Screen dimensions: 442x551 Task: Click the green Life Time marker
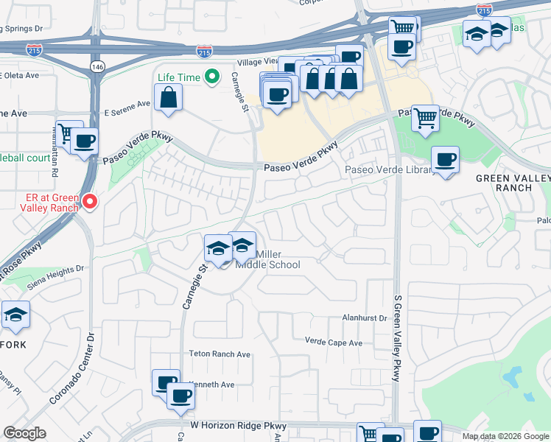pos(213,76)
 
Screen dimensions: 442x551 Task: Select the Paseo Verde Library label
pos(389,171)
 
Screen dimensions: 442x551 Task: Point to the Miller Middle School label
pos(267,259)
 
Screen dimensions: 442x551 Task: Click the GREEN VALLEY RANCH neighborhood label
pos(513,183)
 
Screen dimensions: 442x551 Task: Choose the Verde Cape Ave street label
pos(334,343)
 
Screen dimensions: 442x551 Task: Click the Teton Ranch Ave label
pos(221,354)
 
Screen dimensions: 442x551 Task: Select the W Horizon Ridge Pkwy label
pos(238,426)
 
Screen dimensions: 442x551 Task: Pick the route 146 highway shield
pos(98,67)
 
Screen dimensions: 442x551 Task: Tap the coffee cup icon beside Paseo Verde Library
pos(445,159)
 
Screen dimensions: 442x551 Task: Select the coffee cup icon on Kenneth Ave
pos(180,396)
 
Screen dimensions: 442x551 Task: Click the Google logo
pos(25,434)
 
